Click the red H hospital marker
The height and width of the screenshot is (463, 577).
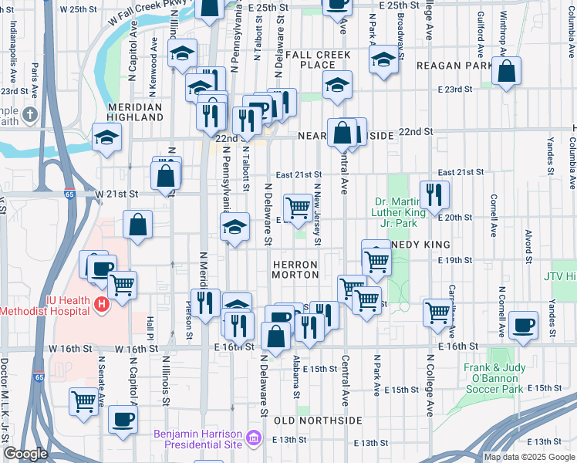point(100,306)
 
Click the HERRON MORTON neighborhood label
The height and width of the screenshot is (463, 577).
point(295,269)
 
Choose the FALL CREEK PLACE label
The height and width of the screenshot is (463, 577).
point(318,60)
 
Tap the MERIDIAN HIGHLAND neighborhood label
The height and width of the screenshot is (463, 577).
point(135,113)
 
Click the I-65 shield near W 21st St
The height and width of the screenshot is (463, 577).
point(70,195)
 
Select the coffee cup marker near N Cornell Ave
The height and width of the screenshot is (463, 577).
point(525,325)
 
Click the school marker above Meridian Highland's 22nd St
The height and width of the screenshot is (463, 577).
point(106,137)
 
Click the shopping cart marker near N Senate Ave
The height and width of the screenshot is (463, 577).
point(83,401)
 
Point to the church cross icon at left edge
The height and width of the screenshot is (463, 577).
point(29,116)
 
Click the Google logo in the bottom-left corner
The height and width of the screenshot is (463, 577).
point(25,454)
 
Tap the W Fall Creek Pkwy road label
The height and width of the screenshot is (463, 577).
point(145,15)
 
